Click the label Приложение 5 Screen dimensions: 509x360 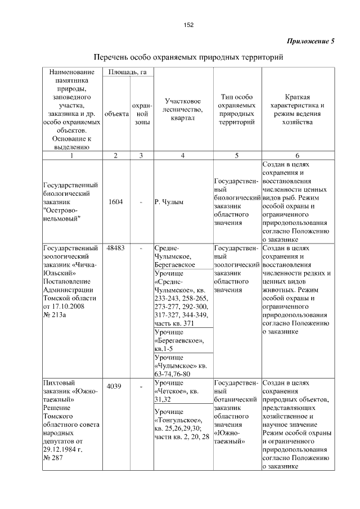310,42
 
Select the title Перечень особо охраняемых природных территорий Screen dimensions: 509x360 187,58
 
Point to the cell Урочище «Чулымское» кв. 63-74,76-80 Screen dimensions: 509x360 181,366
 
